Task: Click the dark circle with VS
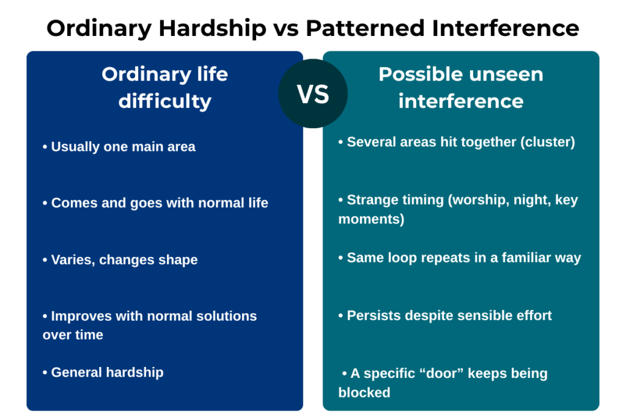click(x=313, y=93)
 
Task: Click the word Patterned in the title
click(x=365, y=28)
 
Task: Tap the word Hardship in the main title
click(x=212, y=29)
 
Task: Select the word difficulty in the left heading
click(x=165, y=101)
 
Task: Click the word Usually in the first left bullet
click(x=75, y=147)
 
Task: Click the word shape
click(x=178, y=260)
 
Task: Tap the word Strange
click(x=375, y=200)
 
